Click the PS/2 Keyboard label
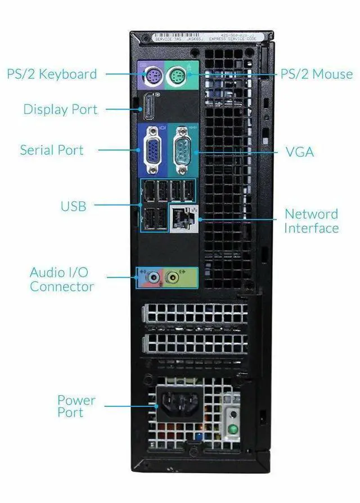tap(52, 74)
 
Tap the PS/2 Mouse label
tap(317, 74)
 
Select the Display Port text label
tap(60, 109)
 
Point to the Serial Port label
tap(52, 150)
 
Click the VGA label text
tap(299, 152)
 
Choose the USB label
tap(74, 206)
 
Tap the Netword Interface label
tap(311, 221)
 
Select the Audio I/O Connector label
tap(61, 279)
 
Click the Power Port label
tap(76, 406)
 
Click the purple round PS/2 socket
tap(151, 76)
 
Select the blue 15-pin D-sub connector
tap(151, 150)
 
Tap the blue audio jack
tap(151, 277)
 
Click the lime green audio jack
tap(174, 277)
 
